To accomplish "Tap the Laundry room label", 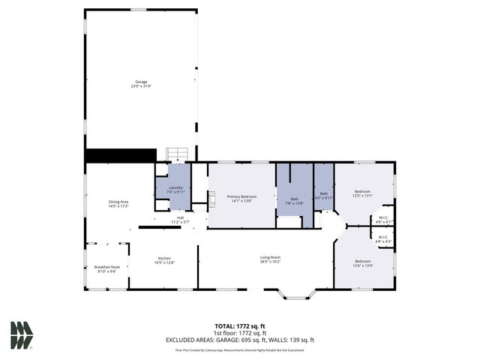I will coord(176,190).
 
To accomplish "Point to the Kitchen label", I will coord(164,259).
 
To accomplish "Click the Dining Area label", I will coord(118,202).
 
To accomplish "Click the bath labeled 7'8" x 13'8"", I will coord(294,201).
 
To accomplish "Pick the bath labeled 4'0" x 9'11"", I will coord(324,195).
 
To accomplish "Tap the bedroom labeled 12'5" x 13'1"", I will coord(363,193).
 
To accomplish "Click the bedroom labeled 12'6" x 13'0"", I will coord(363,263).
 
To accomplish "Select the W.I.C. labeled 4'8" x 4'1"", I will coord(382,220).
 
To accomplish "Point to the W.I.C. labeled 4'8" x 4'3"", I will coord(382,239).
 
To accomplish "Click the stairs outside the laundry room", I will coord(176,154).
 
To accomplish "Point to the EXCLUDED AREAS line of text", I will coord(239,340).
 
